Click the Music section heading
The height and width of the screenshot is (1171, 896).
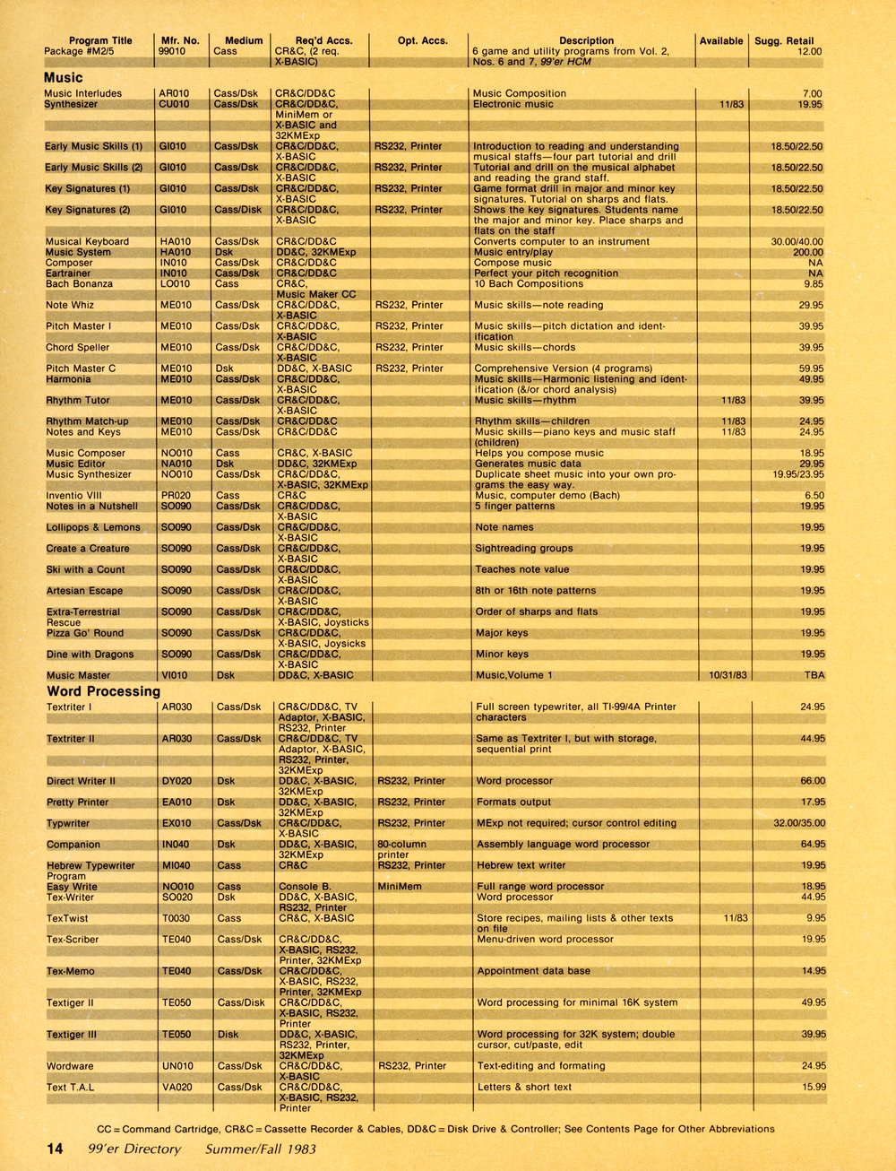[x=63, y=78]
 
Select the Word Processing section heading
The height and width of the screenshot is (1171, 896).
[x=103, y=691]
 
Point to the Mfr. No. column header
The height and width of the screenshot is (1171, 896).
[x=180, y=40]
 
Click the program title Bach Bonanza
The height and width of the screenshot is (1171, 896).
[x=80, y=284]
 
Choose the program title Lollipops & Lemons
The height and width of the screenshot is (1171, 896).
[x=93, y=528]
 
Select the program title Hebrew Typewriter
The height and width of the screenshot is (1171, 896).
[x=90, y=866]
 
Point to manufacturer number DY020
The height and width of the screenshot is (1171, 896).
[x=177, y=782]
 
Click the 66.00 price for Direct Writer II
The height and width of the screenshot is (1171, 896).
[x=813, y=782]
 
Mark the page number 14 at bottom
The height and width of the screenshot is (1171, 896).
[x=55, y=1149]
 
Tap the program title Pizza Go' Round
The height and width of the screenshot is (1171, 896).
[x=86, y=634]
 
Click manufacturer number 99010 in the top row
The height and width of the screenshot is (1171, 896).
[x=172, y=52]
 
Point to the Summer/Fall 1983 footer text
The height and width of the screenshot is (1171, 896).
[x=260, y=1149]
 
